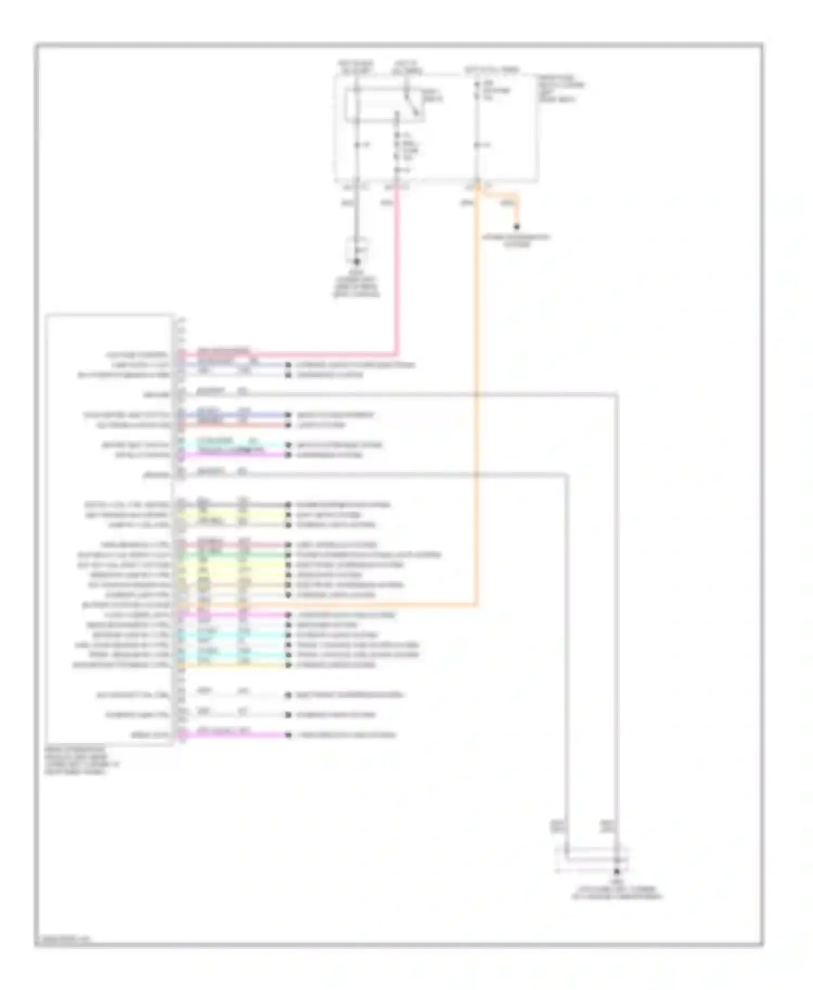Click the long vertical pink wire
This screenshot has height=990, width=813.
click(397, 271)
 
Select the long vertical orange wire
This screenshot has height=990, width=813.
click(477, 406)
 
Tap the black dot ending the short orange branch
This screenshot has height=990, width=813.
click(517, 227)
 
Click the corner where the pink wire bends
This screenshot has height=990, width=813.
click(397, 355)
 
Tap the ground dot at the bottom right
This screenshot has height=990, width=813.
click(616, 872)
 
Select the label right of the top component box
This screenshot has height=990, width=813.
click(561, 89)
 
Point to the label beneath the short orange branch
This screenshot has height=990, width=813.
click(517, 240)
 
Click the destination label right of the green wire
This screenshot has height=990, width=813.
click(369, 555)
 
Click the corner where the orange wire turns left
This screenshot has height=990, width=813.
click(476, 604)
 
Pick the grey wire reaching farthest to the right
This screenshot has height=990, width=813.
click(616, 596)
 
